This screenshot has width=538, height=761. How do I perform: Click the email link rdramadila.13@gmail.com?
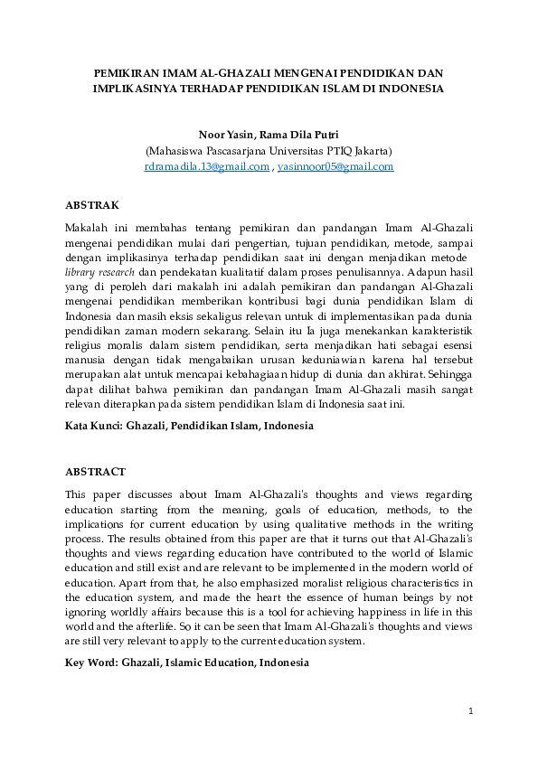tap(207, 167)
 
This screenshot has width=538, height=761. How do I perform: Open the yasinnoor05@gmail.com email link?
tap(335, 167)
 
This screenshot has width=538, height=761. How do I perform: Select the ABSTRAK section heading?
tap(92, 206)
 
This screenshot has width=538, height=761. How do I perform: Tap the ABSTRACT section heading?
tap(96, 472)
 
